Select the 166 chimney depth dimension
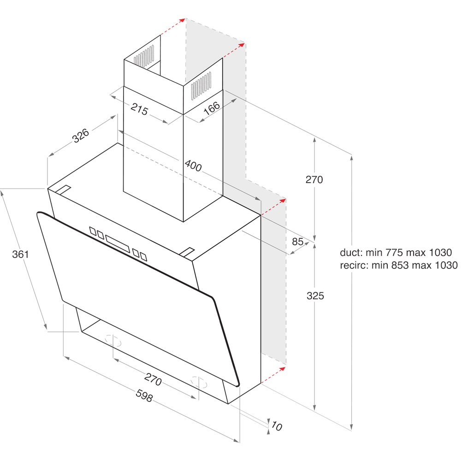click(211, 109)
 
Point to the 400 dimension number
click(193, 165)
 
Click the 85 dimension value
click(298, 241)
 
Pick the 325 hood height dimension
click(315, 296)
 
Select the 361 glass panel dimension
click(20, 254)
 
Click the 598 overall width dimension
click(144, 396)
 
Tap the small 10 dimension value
click(276, 426)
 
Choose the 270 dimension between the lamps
click(153, 379)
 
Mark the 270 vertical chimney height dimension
click(314, 180)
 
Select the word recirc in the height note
click(354, 265)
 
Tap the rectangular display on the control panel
click(118, 243)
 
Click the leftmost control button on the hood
click(93, 230)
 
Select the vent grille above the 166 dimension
click(201, 86)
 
